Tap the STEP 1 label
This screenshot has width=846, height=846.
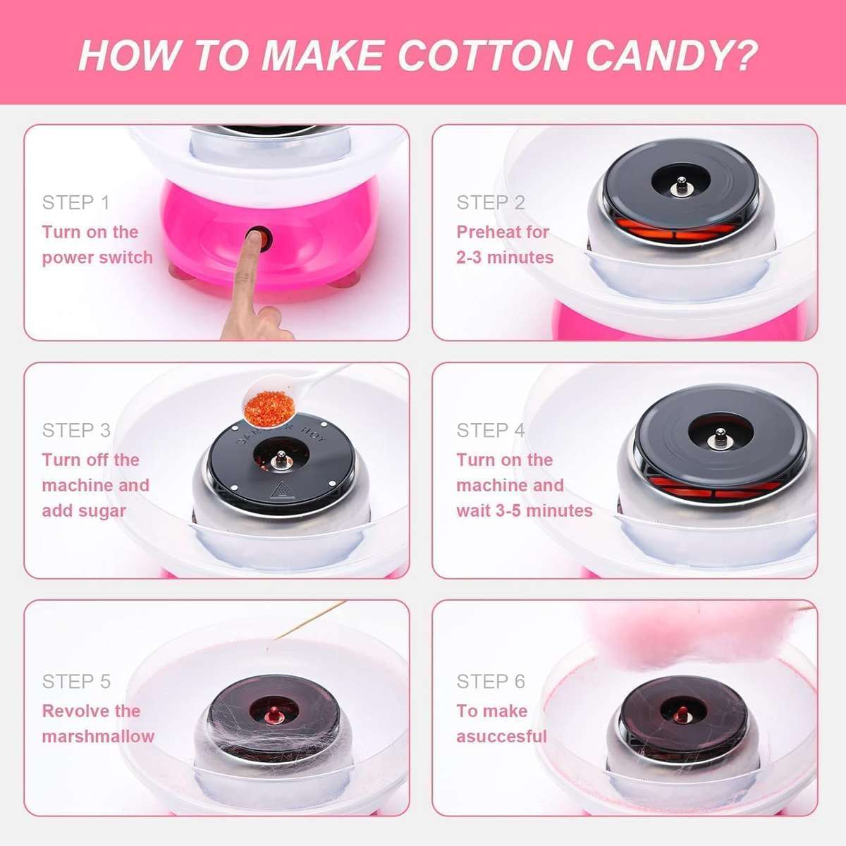point(76,203)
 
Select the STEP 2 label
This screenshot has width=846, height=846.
point(491,203)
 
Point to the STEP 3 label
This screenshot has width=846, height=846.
point(76,430)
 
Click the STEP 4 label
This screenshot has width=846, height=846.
point(491,430)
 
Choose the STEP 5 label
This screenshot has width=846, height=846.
point(76,682)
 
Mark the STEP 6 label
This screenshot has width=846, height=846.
point(491,682)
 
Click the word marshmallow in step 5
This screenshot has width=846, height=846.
point(98,737)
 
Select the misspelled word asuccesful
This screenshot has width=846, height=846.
point(501,737)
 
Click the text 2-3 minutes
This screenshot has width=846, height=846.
point(505,258)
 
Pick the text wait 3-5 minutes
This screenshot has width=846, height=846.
point(525,511)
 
